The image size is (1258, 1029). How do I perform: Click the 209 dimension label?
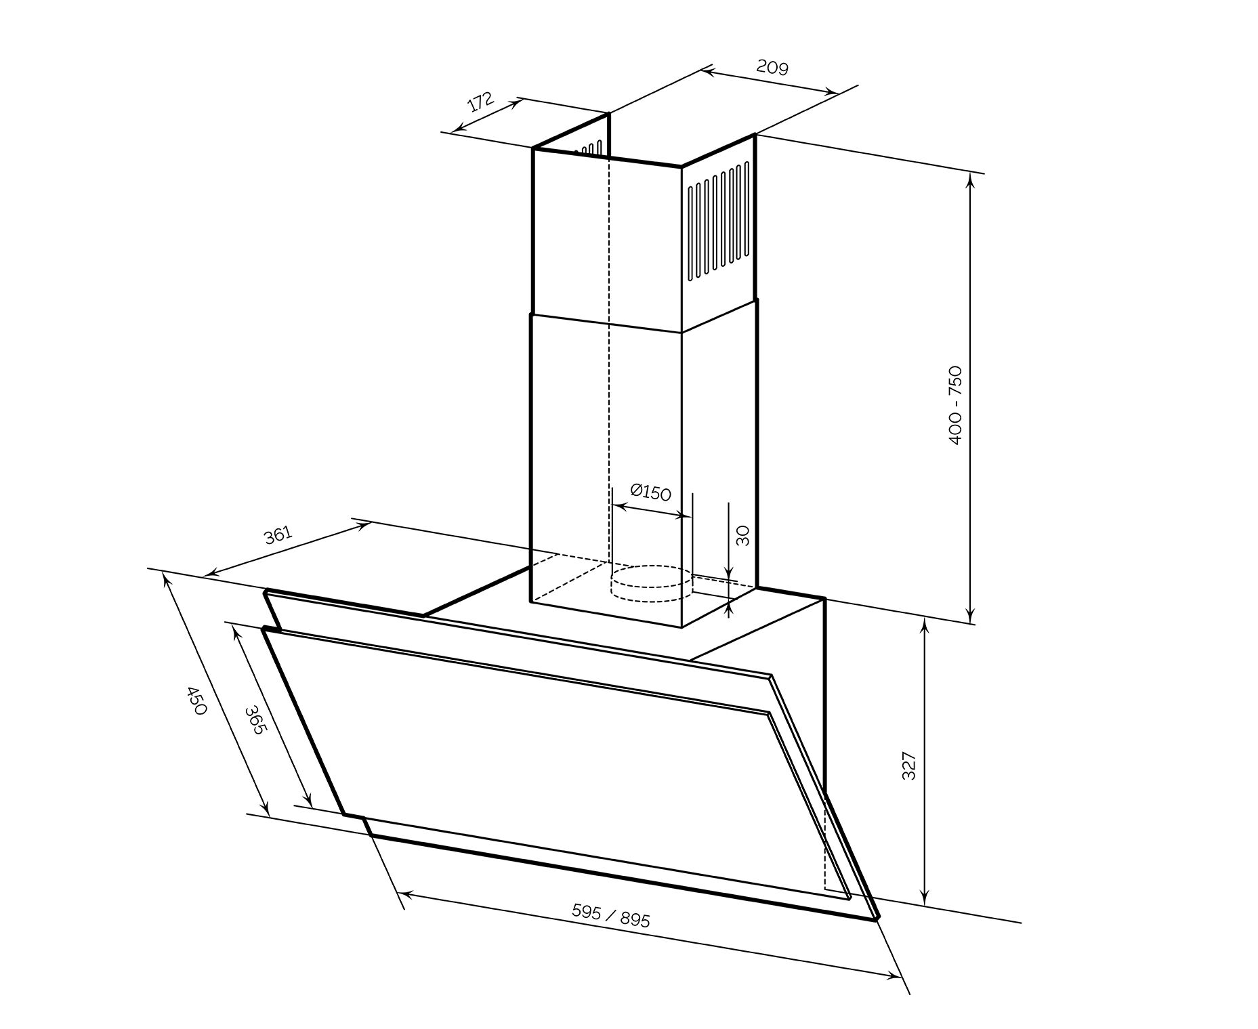772,68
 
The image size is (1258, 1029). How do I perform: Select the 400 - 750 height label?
955,405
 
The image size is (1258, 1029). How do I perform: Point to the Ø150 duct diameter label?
650,492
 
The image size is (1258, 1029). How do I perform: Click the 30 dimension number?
743,536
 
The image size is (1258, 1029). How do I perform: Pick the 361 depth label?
278,535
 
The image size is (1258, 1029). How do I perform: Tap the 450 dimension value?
195,701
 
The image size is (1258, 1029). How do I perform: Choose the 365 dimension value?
255,721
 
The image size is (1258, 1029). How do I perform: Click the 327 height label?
909,765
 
